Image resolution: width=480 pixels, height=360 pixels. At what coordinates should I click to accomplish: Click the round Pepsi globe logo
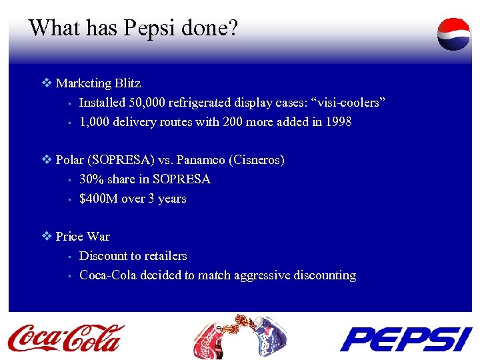(453, 34)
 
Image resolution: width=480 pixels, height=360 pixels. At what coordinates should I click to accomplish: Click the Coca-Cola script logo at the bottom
(66, 337)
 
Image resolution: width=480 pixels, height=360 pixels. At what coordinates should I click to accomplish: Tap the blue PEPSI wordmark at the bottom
(405, 338)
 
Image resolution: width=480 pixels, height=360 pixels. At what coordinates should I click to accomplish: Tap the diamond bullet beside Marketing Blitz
(46, 83)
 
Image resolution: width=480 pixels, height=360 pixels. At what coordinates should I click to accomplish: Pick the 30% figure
(91, 179)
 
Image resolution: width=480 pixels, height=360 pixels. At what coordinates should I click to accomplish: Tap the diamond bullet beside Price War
(46, 237)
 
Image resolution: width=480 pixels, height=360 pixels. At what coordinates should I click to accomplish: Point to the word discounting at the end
(323, 275)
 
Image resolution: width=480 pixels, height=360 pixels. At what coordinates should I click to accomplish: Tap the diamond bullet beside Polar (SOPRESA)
(46, 160)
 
